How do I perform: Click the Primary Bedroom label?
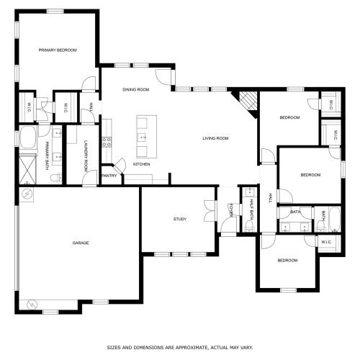coord(58,50)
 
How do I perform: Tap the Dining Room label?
coord(136,89)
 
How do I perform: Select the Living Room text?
coord(215,138)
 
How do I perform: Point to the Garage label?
coord(81,243)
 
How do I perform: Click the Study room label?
coord(180,219)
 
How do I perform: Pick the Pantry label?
coord(109,176)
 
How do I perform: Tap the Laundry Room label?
coord(86,156)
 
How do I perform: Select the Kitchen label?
coord(142,164)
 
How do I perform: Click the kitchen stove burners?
coord(107,142)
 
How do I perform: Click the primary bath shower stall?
coord(27,169)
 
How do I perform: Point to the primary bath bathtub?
coord(28,138)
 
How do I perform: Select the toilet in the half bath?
coord(249,226)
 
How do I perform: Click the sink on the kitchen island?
coord(142,138)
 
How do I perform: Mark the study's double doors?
coord(210,211)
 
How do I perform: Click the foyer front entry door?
coord(228,225)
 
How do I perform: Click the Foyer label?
coord(231,210)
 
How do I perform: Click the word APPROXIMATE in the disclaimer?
coord(191,347)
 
